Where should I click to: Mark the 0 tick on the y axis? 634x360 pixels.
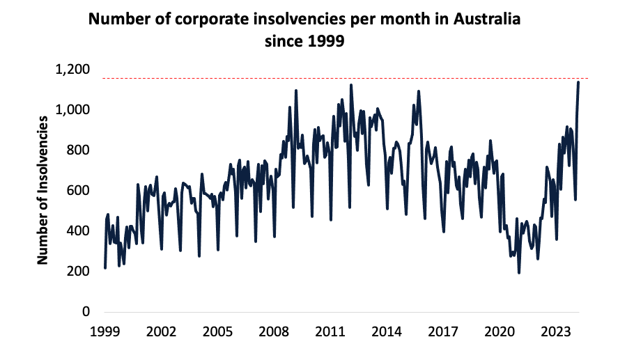pyautogui.click(x=86, y=312)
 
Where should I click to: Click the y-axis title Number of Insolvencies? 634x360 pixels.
pyautogui.click(x=42, y=190)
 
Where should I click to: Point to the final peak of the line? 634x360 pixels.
pyautogui.click(x=578, y=82)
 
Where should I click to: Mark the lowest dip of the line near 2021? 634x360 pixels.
pyautogui.click(x=518, y=272)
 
